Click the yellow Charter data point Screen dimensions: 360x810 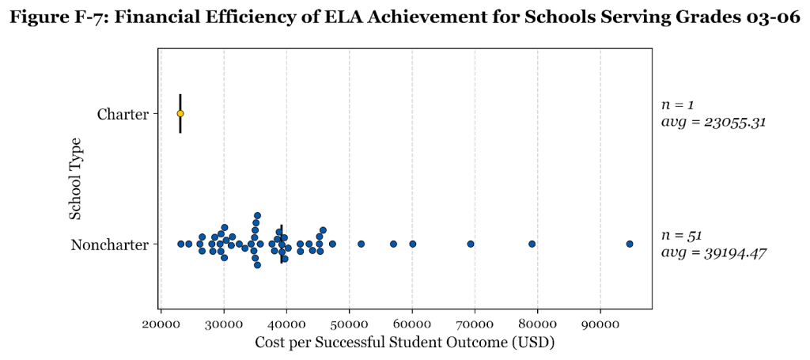(x=180, y=113)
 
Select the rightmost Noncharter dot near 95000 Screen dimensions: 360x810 (x=630, y=244)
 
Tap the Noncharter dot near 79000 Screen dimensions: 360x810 (x=532, y=244)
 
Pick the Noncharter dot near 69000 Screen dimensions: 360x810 (x=471, y=244)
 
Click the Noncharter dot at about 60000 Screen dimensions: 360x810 (x=412, y=244)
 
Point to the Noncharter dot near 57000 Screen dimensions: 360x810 (x=393, y=244)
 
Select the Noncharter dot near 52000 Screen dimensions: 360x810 (x=361, y=244)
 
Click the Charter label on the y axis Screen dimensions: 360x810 (x=123, y=114)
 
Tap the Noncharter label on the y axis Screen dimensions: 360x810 (x=110, y=244)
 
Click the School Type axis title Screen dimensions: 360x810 (x=76, y=180)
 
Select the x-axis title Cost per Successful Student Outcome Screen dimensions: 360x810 (x=404, y=343)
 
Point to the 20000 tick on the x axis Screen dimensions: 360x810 (x=161, y=324)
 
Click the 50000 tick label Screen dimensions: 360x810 (x=350, y=324)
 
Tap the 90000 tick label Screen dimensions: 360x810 (x=600, y=324)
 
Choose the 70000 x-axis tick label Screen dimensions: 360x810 (x=475, y=324)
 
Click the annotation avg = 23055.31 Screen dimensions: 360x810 (x=713, y=123)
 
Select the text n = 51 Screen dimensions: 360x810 (x=681, y=235)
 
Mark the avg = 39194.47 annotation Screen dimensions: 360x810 (x=713, y=252)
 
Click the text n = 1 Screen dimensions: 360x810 (x=677, y=104)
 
